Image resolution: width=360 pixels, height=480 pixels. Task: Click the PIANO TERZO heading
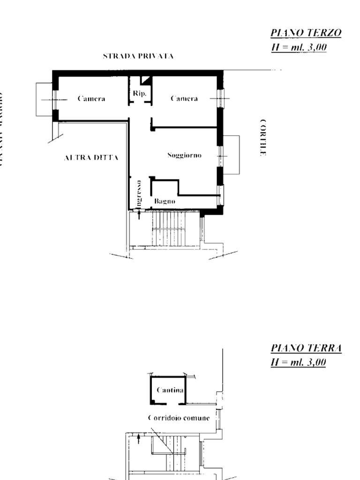coord(306,33)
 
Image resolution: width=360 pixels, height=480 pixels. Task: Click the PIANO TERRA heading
coord(306,348)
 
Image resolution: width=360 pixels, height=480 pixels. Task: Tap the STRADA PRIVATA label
coord(138,56)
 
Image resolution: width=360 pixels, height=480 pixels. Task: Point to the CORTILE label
coord(263,137)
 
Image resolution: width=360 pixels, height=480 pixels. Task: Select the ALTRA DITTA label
coord(91,158)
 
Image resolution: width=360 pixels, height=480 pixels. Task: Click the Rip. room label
coord(140,94)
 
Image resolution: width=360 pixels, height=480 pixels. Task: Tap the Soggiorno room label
coord(184,155)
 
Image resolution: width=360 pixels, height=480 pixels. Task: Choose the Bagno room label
coord(165,201)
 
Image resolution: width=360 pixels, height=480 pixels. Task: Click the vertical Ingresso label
coord(139,193)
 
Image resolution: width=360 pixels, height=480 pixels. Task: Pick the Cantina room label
coord(170,390)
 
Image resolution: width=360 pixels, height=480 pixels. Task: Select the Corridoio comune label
coord(179,418)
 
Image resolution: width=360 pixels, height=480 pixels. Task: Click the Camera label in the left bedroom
coord(91,99)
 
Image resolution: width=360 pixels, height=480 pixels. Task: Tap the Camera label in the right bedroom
coord(184,99)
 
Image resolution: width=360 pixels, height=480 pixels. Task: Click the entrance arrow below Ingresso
coord(139,214)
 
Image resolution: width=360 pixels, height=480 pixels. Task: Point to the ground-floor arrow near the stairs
coord(138,439)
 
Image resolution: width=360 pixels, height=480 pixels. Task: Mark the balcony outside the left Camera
coord(44,99)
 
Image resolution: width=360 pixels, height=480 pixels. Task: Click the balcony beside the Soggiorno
coord(231,155)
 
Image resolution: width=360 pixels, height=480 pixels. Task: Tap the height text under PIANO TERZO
coord(299,47)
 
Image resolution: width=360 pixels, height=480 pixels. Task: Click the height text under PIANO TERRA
coord(299,362)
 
